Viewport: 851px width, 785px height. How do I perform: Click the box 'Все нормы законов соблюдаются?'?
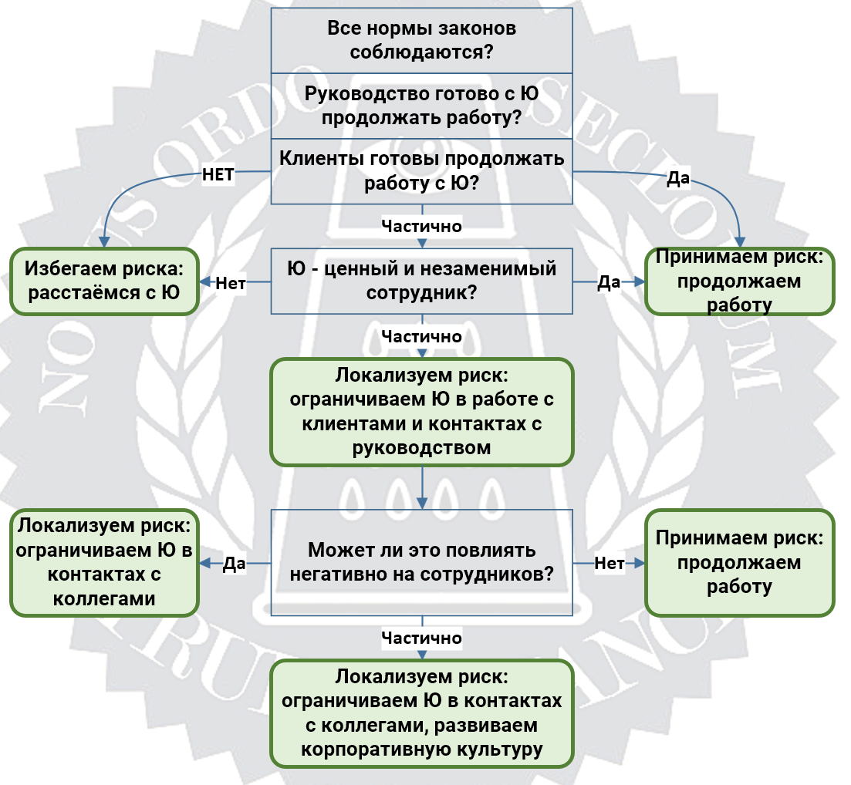point(422,41)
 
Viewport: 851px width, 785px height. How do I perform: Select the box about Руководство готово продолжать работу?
point(422,106)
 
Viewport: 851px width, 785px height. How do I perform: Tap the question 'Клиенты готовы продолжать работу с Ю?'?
point(422,171)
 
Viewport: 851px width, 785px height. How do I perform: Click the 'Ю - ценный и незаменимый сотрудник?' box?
point(422,281)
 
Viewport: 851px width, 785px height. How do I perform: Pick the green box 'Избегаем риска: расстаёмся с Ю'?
point(104,281)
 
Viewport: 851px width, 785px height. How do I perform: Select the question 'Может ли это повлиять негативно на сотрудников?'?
point(422,563)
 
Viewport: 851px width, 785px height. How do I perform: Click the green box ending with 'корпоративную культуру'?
point(422,713)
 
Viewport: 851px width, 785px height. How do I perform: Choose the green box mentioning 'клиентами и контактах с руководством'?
point(422,412)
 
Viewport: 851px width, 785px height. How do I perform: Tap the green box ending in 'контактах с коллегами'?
point(104,563)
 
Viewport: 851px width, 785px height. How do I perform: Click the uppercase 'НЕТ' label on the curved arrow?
point(218,175)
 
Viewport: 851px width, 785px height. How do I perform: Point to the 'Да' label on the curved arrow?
point(678,178)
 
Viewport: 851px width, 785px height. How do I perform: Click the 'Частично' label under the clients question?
point(422,226)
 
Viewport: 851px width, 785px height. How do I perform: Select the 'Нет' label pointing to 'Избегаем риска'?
point(231,283)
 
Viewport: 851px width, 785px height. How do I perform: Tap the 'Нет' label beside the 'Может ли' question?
point(610,564)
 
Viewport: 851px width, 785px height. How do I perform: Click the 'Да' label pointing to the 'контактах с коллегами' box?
point(235,564)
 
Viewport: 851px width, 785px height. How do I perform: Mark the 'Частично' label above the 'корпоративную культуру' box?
point(422,638)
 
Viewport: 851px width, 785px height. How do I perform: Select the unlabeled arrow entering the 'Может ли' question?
point(422,487)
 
